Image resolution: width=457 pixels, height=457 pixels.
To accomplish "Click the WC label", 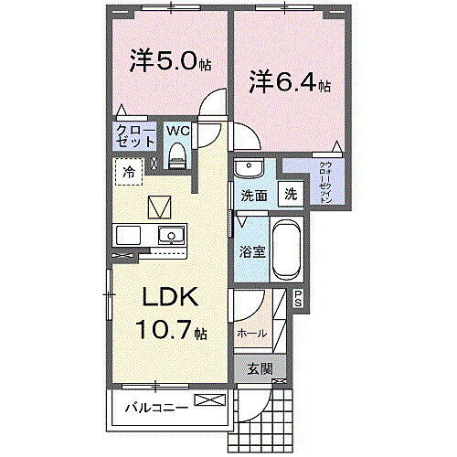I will click(177, 131).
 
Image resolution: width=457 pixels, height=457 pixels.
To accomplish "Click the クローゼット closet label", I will click(134, 136).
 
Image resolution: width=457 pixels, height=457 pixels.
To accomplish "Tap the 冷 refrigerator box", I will click(131, 171).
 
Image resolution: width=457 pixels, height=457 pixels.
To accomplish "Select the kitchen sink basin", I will click(169, 236).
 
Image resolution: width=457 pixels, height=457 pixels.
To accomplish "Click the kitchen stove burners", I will click(127, 236).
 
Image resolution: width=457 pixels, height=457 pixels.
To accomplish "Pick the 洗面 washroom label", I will click(254, 196).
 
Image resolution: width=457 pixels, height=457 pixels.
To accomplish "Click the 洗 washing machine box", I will click(290, 194).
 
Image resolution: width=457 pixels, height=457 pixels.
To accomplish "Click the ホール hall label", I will click(252, 333).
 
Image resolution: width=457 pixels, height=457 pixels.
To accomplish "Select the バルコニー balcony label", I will click(156, 406).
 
